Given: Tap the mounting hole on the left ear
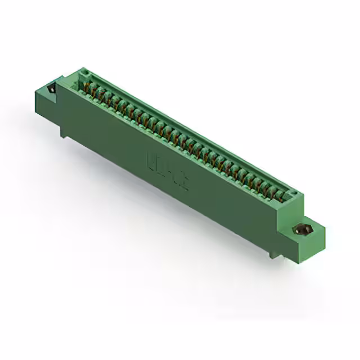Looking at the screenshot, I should click(x=52, y=88).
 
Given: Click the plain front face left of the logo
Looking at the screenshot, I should click(x=107, y=135).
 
